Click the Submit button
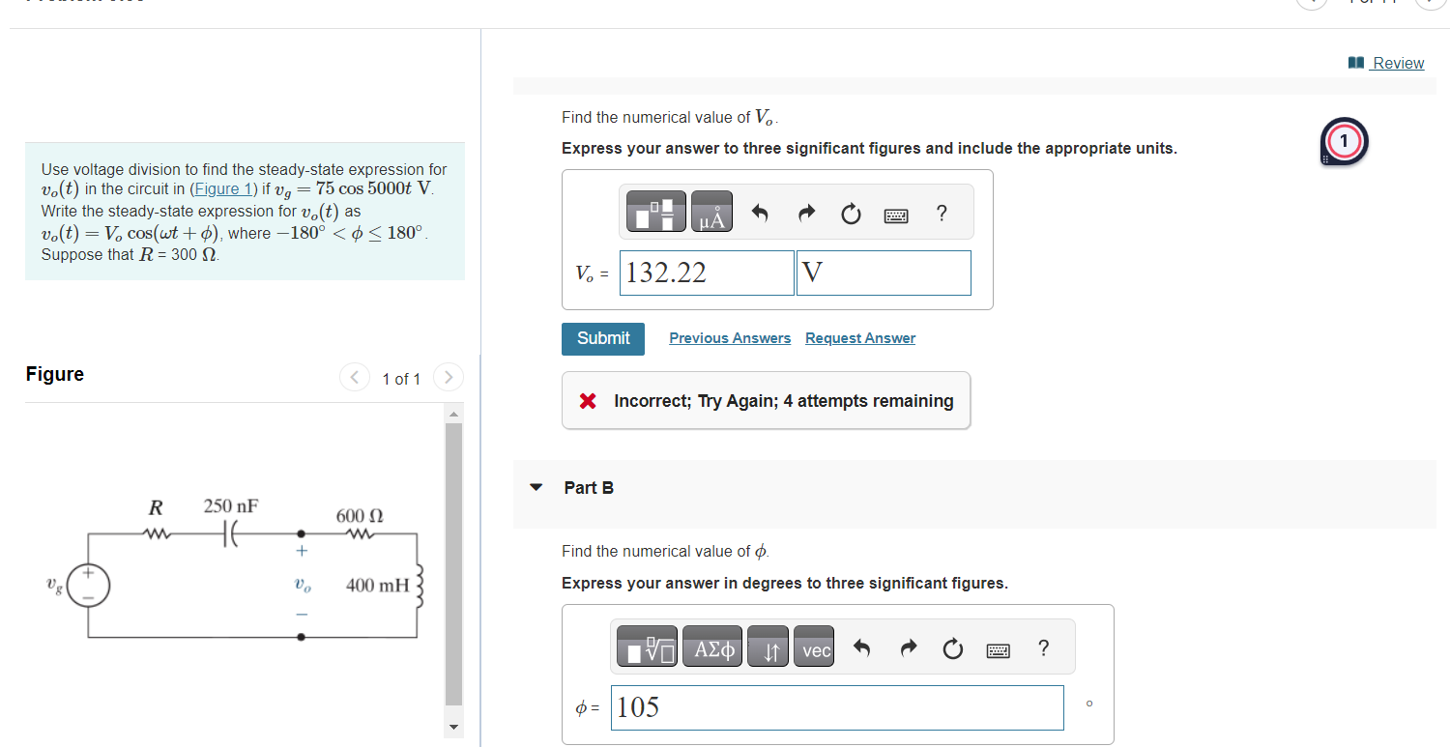pos(603,338)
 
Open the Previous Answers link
pos(729,338)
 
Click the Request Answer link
pos(859,338)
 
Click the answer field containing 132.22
pos(708,273)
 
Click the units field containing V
pos(884,273)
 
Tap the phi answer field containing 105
pos(836,707)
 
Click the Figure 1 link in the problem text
pos(224,188)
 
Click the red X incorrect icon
pos(588,401)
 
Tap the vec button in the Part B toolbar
pos(816,651)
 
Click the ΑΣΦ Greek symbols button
pos(713,651)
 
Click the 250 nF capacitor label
pos(231,506)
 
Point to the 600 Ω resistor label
pos(360,516)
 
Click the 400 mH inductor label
pos(377,585)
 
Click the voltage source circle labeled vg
pos(88,586)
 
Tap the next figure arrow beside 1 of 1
pos(448,378)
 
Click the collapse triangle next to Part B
pos(536,488)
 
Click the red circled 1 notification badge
pos(1344,142)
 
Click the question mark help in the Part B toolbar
pos(1042,648)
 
